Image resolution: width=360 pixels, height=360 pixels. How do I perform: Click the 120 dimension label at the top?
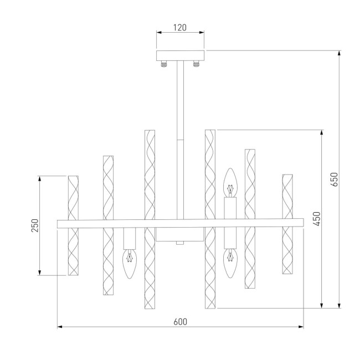tap(180, 27)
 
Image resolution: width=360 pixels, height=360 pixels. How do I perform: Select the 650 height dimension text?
tap(333, 179)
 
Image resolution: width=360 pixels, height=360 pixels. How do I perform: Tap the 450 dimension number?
tap(316, 219)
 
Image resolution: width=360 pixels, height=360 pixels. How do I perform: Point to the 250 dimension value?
tap(34, 225)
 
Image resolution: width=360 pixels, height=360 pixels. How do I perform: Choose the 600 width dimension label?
tap(180, 322)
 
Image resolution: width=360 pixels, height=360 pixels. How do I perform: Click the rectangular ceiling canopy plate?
tap(181, 55)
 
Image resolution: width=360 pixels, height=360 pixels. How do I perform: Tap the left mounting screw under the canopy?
tap(164, 64)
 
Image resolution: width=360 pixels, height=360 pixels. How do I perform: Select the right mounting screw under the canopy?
tap(196, 64)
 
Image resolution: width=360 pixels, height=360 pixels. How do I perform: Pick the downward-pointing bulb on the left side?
tap(129, 264)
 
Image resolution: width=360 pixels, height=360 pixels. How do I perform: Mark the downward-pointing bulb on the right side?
tap(229, 264)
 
